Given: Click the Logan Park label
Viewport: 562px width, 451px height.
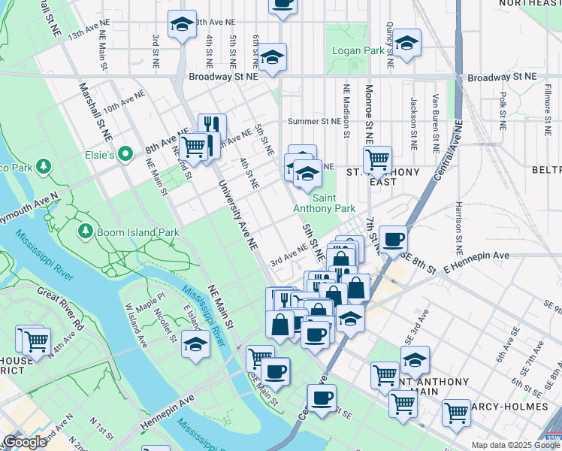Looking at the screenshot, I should [x=359, y=52].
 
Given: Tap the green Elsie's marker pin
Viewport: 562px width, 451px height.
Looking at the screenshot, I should [x=127, y=156].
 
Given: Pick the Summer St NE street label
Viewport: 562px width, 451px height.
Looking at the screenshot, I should [x=314, y=121].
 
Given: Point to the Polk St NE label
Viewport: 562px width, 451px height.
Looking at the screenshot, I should [x=502, y=112].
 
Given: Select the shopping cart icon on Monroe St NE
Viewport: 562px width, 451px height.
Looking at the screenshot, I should [x=376, y=159].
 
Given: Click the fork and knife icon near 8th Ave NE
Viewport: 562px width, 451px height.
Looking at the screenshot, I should [x=212, y=125].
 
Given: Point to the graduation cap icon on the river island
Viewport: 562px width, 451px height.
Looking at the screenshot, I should [x=195, y=344].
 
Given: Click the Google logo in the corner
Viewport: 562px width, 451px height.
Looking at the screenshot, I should [x=24, y=443].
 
